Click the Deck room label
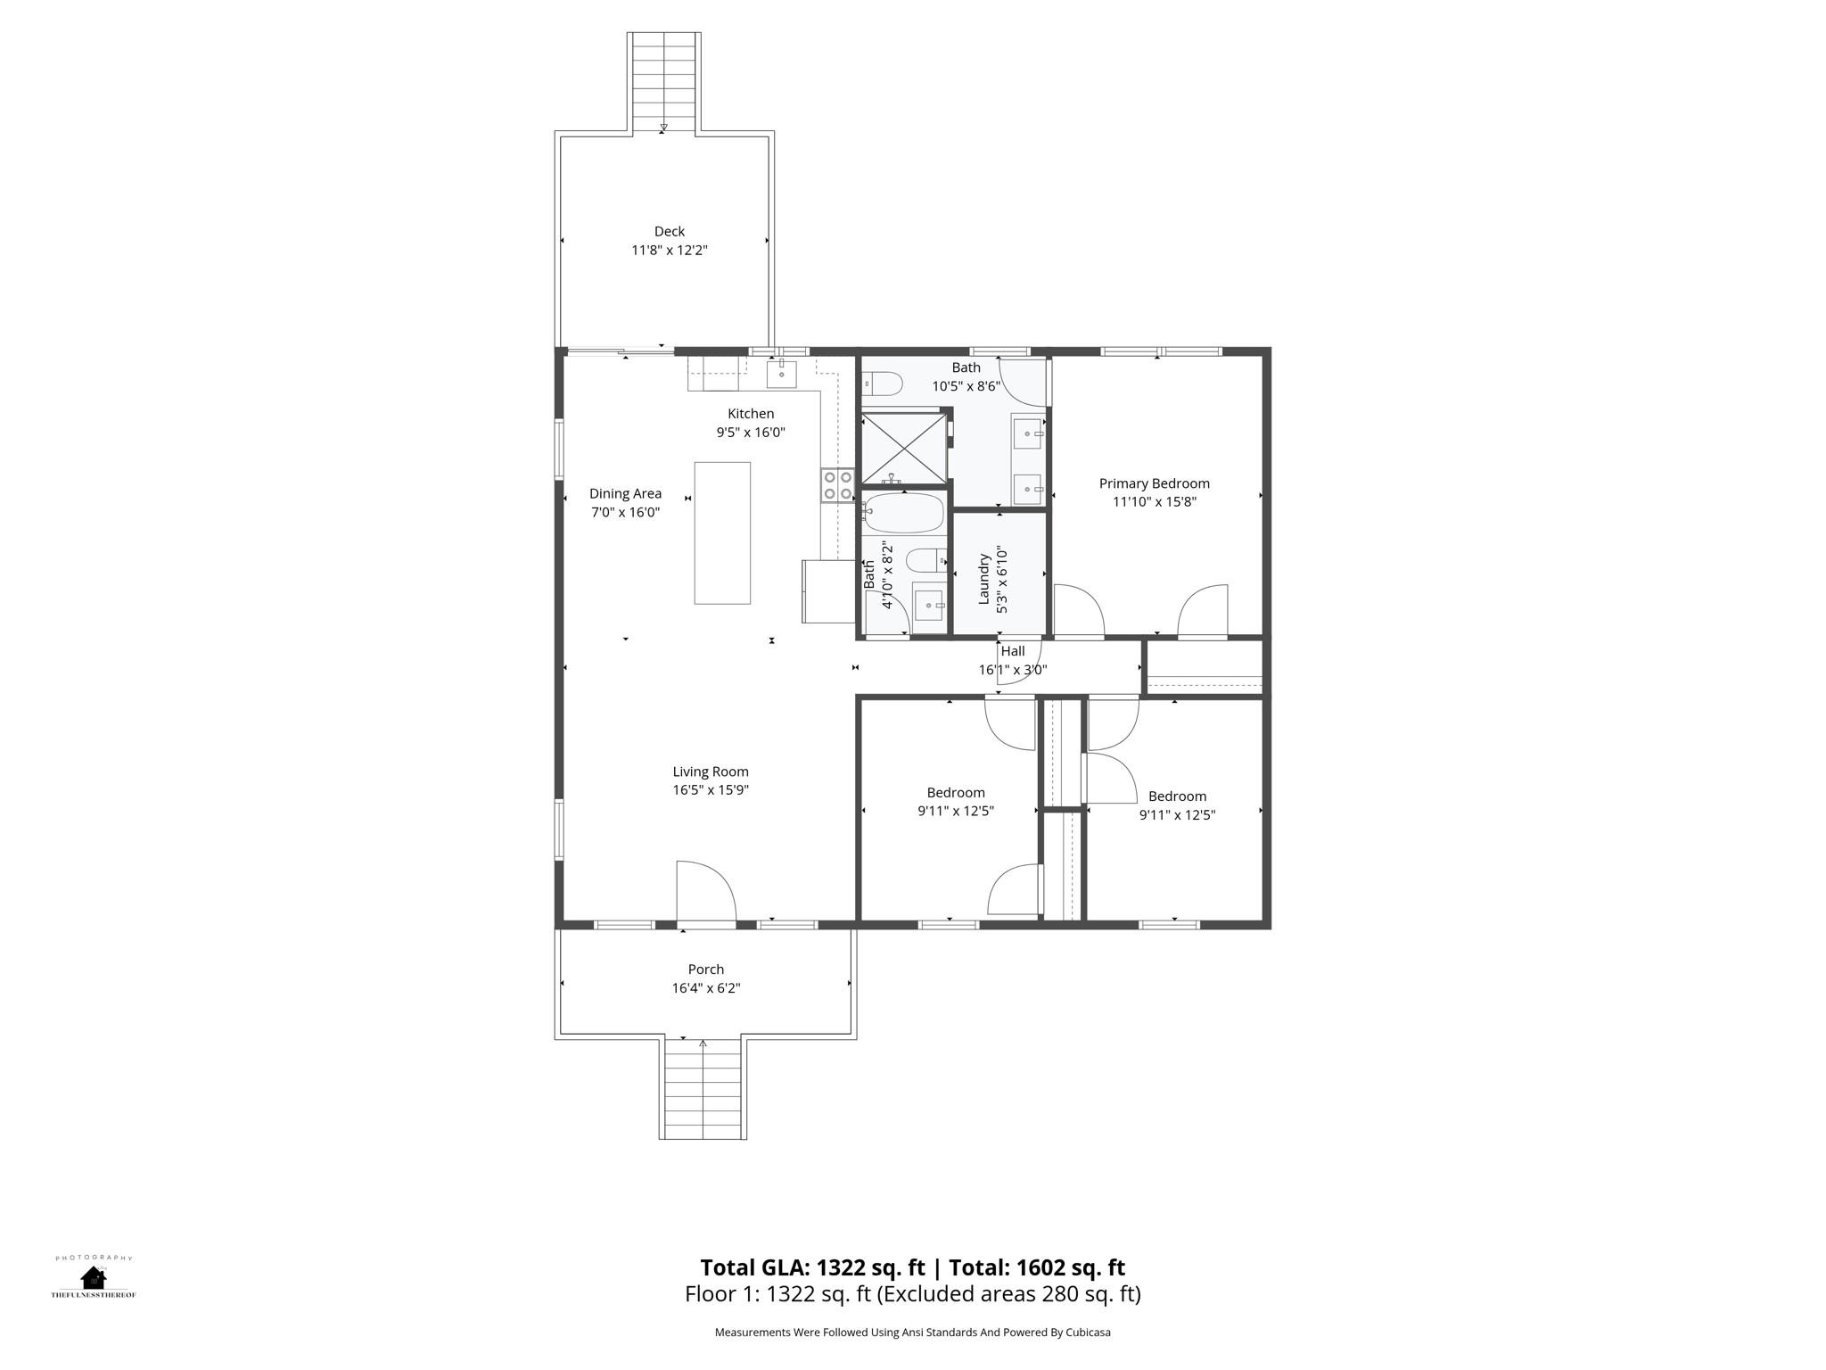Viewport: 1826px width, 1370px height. click(670, 232)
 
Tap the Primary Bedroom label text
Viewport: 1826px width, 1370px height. click(1154, 483)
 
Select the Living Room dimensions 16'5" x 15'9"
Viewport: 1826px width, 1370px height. click(711, 790)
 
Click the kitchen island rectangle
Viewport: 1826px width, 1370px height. click(722, 532)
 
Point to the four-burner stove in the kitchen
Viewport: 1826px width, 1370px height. click(837, 485)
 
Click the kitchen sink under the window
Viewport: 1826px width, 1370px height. click(782, 374)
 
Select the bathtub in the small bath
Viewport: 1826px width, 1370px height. click(903, 513)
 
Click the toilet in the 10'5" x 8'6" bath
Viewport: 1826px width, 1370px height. click(883, 384)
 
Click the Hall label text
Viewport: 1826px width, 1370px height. click(1013, 651)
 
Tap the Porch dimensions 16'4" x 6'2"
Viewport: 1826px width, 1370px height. click(706, 988)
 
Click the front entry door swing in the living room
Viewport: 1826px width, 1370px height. click(705, 890)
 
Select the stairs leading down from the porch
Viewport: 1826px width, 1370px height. click(703, 1089)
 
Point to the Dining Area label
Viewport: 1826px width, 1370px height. click(625, 493)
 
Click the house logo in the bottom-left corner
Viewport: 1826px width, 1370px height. click(94, 1278)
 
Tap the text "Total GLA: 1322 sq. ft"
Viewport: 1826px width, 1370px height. click(814, 1267)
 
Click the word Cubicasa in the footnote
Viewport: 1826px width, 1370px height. click(1088, 1333)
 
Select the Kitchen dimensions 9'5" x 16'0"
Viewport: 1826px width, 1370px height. click(751, 433)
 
